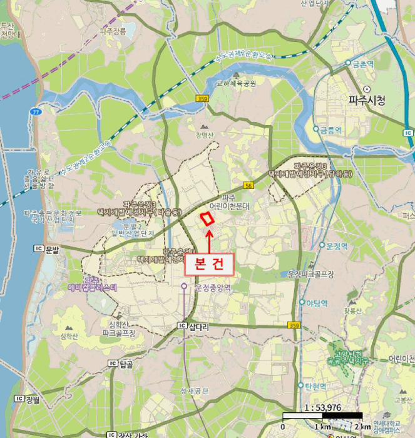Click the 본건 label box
tap(209, 263)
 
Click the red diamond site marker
tap(206, 219)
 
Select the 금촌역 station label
tap(362, 63)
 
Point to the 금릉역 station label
tap(330, 130)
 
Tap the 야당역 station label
tap(317, 302)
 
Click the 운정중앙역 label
tap(213, 288)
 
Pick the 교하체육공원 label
tap(236, 82)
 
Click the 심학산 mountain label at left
tap(69, 336)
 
